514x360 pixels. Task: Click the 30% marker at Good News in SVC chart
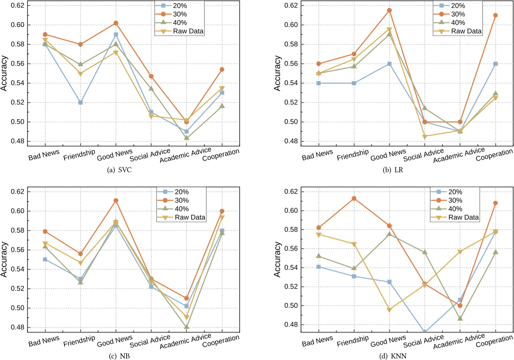click(x=116, y=23)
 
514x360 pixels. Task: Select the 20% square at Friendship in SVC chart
click(x=80, y=102)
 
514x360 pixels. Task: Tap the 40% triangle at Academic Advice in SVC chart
click(x=186, y=138)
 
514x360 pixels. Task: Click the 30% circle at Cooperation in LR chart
click(x=495, y=15)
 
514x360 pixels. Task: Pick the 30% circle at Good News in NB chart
click(x=116, y=200)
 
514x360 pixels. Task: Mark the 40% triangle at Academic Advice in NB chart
click(x=186, y=327)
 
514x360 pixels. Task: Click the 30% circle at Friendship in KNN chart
click(x=354, y=198)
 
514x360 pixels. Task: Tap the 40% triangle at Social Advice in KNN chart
click(x=425, y=252)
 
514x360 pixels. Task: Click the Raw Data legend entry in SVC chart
click(x=188, y=31)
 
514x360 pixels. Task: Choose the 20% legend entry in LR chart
click(x=458, y=6)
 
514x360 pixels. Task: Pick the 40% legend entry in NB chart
click(x=181, y=209)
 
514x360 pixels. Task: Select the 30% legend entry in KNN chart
click(x=455, y=200)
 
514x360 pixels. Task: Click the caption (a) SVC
click(x=120, y=170)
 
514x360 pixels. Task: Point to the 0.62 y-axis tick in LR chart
click(x=291, y=5)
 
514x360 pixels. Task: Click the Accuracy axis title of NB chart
click(x=4, y=259)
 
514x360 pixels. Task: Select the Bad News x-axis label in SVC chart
click(x=44, y=155)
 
